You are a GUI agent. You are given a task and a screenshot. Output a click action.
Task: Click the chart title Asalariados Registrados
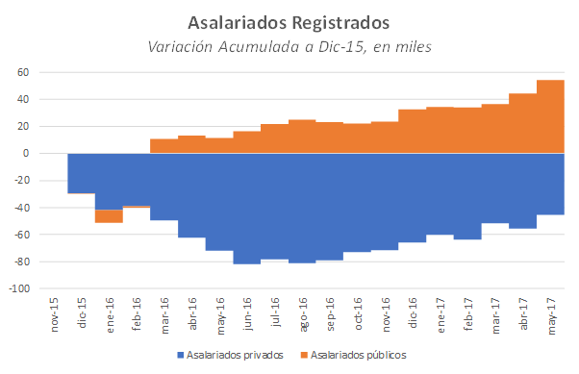point(289,21)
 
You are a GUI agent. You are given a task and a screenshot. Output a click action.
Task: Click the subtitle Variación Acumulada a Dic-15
point(289,46)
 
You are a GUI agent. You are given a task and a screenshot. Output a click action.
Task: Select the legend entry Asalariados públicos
point(365,355)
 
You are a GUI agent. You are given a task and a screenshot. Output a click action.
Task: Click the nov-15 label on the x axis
point(54,312)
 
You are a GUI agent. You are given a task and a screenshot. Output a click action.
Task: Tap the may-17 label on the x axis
point(551,312)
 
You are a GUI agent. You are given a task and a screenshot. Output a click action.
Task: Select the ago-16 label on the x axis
point(302,312)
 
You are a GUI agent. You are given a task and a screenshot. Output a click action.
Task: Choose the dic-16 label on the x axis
point(413,312)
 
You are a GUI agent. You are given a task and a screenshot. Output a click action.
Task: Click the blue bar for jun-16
point(246,208)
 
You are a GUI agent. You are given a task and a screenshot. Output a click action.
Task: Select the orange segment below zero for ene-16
point(109,216)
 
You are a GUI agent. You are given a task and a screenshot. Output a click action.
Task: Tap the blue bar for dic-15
point(81,173)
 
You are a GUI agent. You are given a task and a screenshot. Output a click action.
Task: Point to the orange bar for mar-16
point(164,146)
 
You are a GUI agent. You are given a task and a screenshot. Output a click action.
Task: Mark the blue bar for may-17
point(550,184)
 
